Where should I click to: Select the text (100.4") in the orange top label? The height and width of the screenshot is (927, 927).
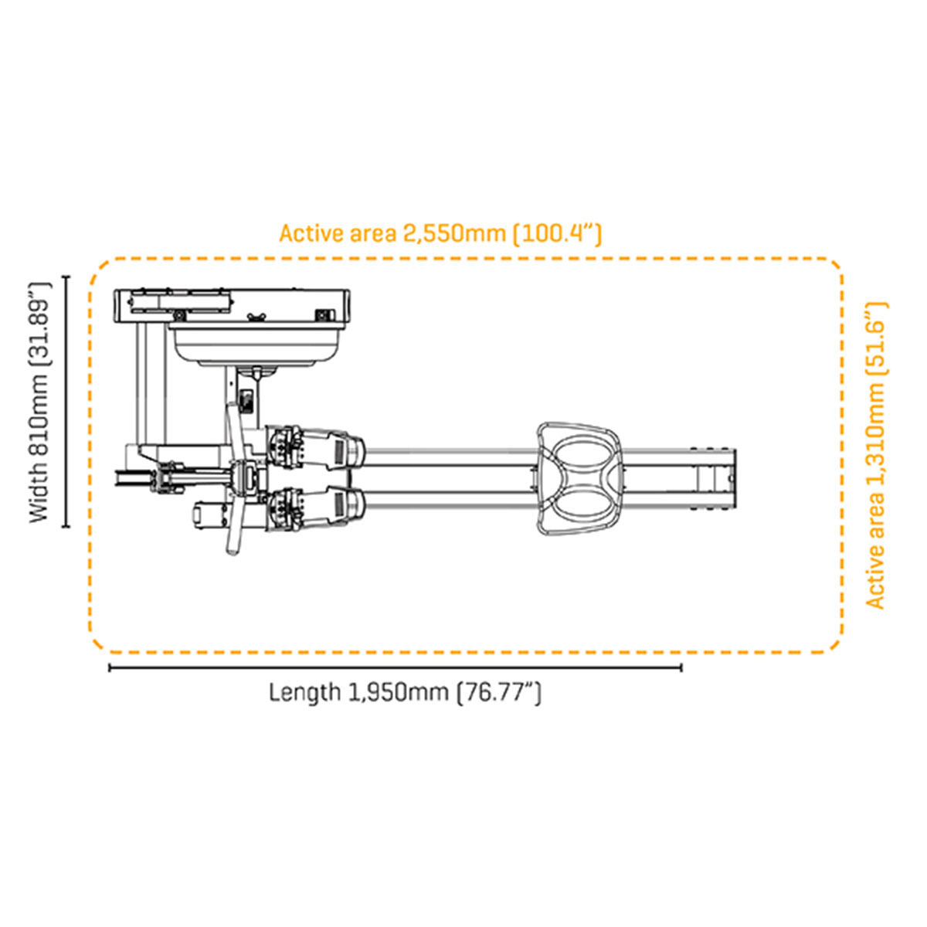coord(557,233)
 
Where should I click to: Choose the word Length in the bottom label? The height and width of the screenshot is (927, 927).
coord(304,692)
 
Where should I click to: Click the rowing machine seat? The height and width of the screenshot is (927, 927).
coord(579,479)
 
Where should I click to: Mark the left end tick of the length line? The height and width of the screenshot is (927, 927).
coord(110,667)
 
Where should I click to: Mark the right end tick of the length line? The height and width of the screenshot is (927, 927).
coord(681,667)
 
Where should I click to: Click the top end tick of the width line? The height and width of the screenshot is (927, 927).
coord(66,277)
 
